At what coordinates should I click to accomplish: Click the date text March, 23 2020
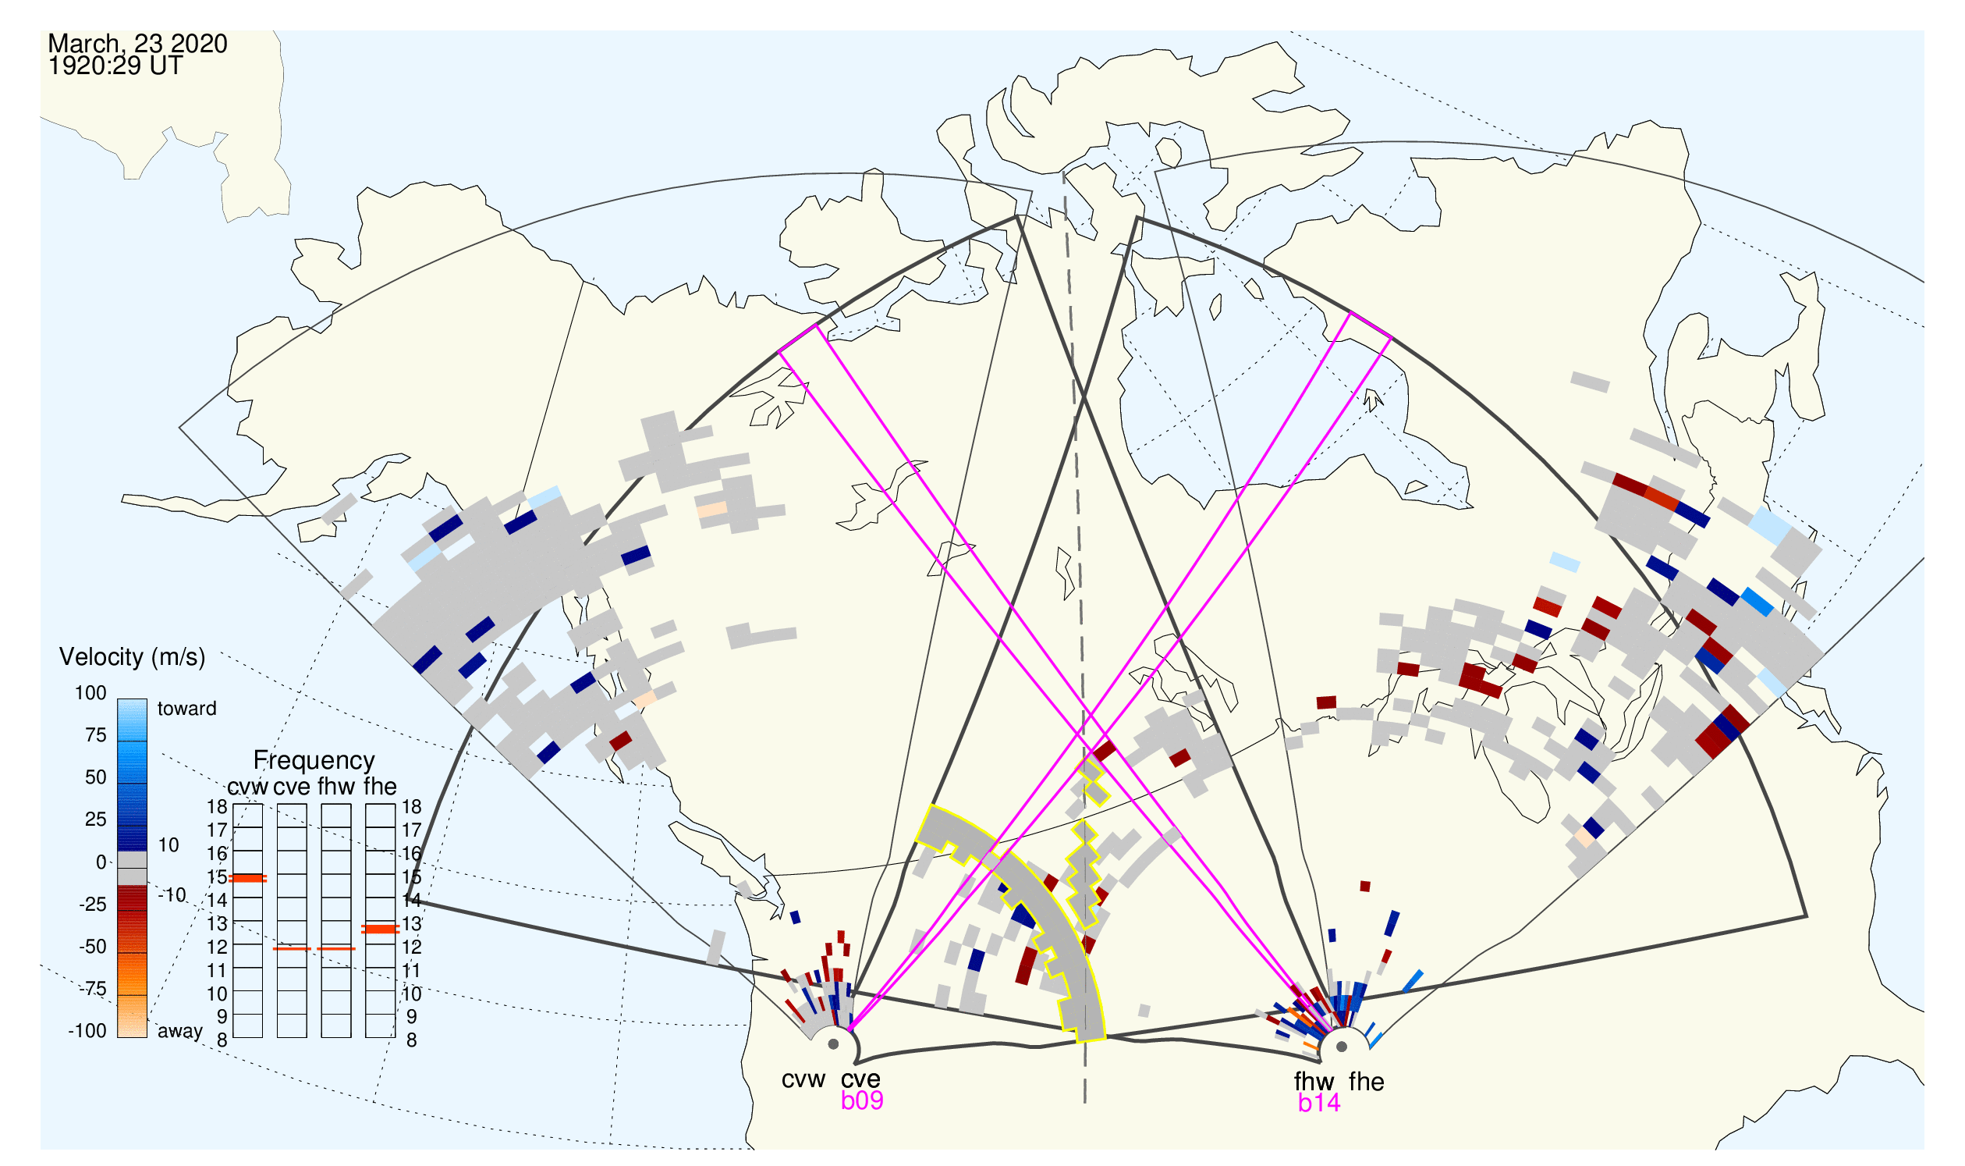tap(137, 43)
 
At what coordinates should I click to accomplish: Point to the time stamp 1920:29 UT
tap(115, 66)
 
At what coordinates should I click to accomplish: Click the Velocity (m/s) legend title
tap(133, 658)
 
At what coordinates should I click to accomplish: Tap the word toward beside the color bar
tap(187, 709)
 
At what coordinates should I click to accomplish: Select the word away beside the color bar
tap(180, 1032)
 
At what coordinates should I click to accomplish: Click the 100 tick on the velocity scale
tap(90, 693)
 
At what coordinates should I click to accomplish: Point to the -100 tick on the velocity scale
tap(87, 1031)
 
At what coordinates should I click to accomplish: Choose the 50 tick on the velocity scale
tap(95, 778)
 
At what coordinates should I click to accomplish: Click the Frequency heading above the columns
tap(314, 762)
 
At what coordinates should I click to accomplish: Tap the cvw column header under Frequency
tap(247, 787)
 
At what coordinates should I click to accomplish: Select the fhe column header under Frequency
tap(380, 787)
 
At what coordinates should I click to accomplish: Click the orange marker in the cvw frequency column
tap(247, 879)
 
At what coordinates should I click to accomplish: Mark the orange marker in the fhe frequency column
tap(380, 930)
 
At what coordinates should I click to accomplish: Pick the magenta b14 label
tap(1319, 1104)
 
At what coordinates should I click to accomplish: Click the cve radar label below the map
tap(860, 1079)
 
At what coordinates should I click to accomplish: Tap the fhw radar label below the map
tap(1314, 1082)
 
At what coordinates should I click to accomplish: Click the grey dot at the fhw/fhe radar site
tap(1343, 1047)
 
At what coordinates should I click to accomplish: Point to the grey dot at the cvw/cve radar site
tap(833, 1044)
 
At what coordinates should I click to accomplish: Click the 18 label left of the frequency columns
tap(217, 807)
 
